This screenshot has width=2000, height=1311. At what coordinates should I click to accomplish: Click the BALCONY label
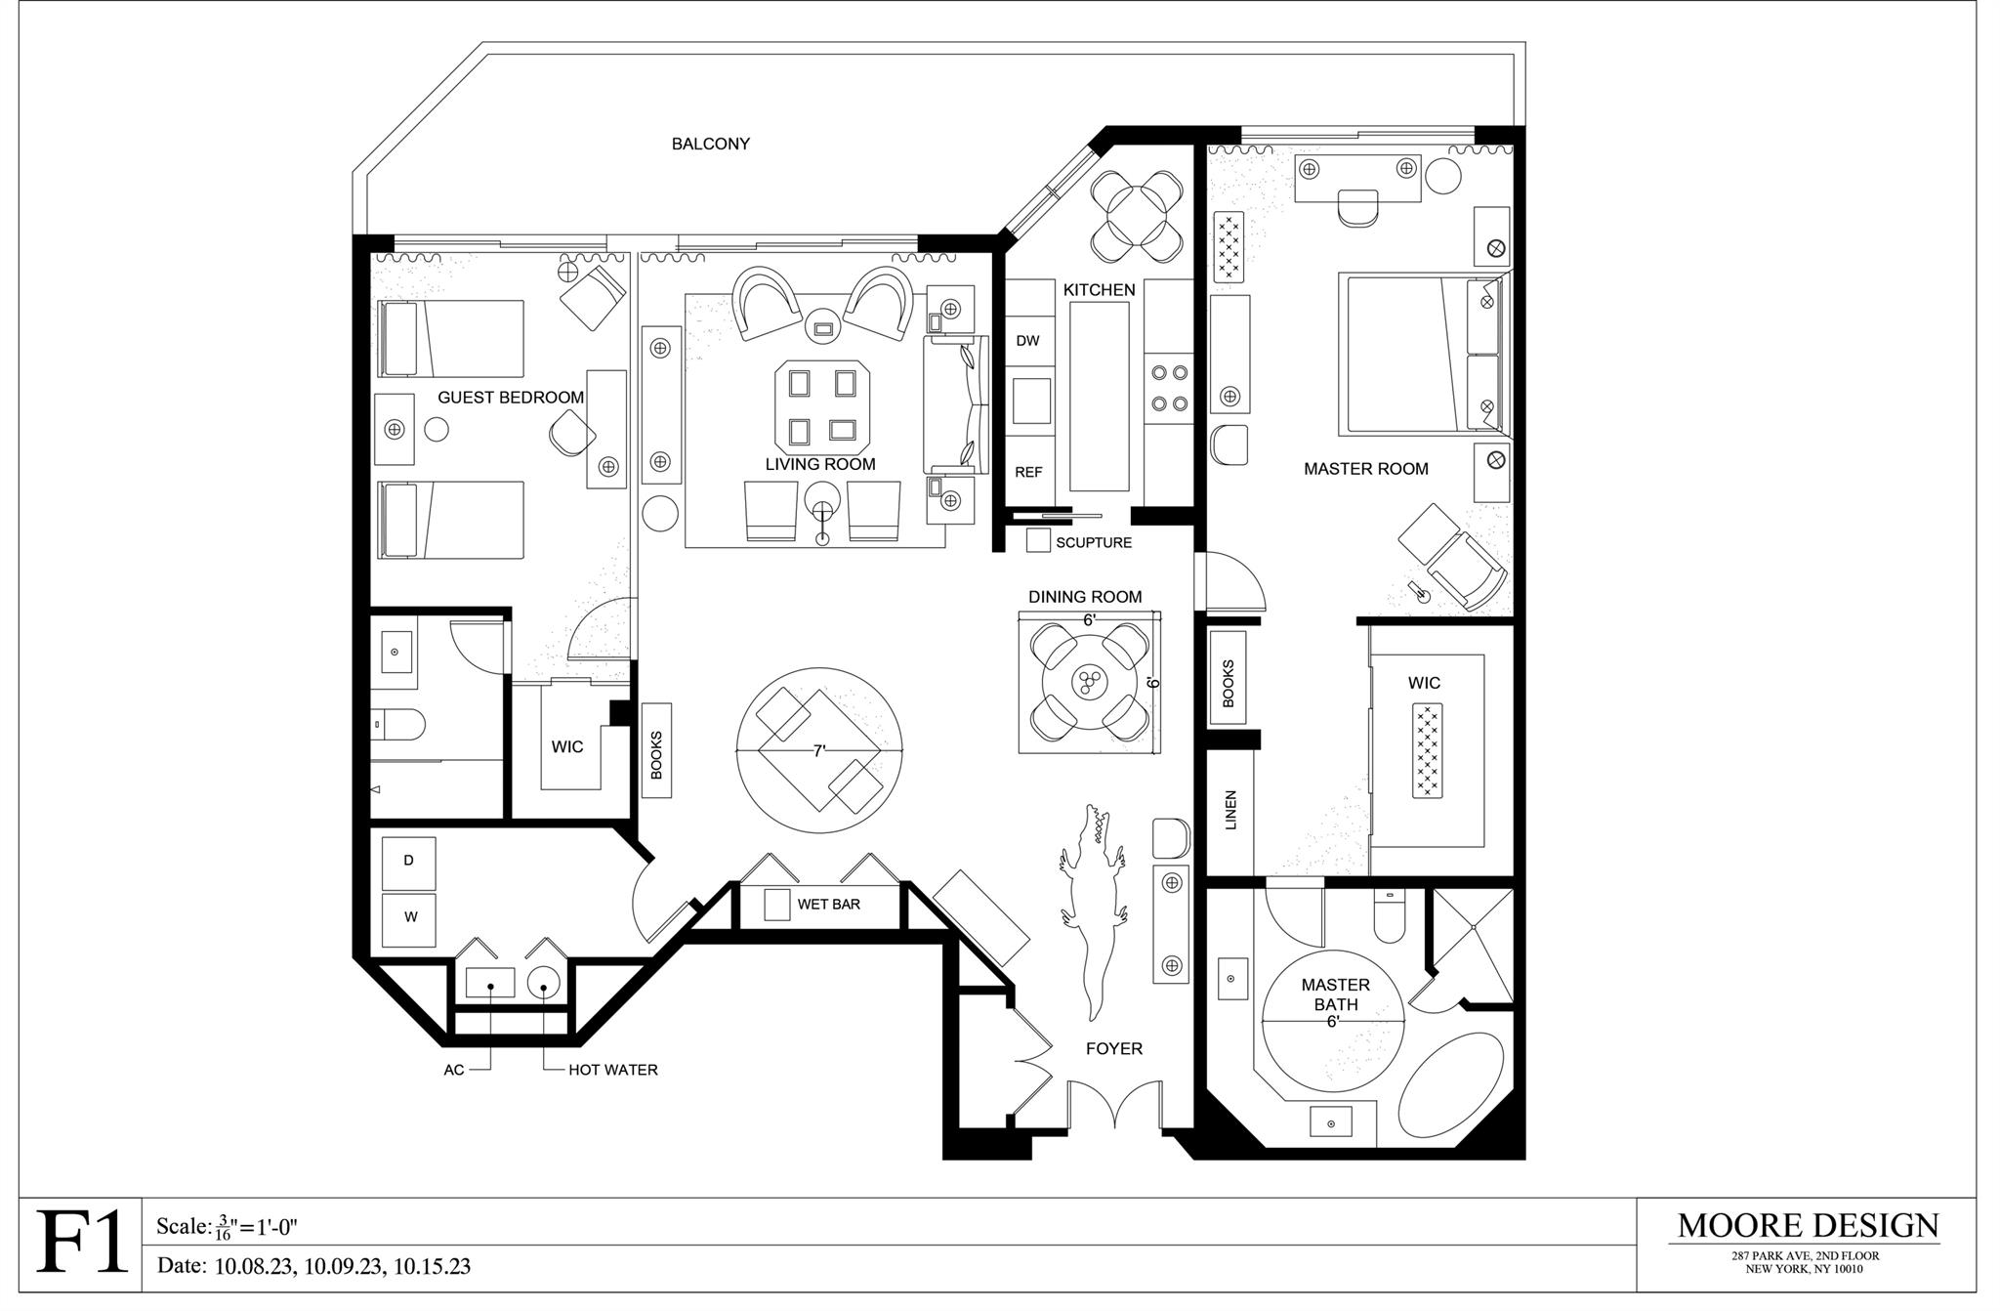tap(710, 144)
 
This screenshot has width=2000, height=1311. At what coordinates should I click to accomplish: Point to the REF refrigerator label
tap(1028, 472)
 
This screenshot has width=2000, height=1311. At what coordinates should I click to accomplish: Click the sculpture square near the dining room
tap(1038, 540)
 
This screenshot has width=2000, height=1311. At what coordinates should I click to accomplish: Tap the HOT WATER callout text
tap(613, 1070)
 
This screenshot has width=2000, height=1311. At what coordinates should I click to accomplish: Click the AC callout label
tap(454, 1070)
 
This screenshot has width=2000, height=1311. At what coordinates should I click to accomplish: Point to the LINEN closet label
tap(1230, 810)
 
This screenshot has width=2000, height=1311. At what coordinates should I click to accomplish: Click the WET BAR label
tap(828, 905)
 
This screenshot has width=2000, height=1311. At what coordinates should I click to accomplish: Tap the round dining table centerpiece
tap(1088, 680)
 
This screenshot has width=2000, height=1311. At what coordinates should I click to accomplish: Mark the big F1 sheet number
tap(82, 1242)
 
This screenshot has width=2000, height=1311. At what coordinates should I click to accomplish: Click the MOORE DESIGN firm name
tap(1808, 1226)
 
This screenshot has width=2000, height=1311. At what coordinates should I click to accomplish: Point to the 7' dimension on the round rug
tap(819, 751)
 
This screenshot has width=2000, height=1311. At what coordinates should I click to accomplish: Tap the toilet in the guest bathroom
tap(399, 726)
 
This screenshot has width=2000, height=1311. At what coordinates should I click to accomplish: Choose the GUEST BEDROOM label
tap(511, 398)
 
